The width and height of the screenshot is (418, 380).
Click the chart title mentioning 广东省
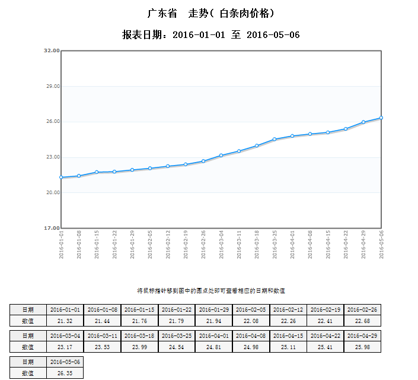tap(210, 12)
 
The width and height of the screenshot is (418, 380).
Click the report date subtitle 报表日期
tap(210, 35)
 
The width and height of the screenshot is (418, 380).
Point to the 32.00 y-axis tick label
tap(52, 50)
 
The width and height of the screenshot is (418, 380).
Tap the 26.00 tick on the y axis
tap(52, 122)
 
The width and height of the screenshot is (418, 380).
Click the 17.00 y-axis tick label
tap(52, 228)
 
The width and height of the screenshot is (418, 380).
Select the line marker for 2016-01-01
tap(61, 177)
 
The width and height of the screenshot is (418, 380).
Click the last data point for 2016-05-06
tap(381, 118)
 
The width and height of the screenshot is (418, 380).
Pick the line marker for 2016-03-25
tap(275, 139)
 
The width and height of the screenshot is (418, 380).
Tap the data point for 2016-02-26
tap(203, 161)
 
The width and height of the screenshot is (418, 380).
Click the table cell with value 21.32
tap(65, 321)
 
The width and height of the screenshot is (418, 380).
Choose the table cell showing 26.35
tap(65, 373)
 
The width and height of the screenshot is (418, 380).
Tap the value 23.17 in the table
tap(65, 347)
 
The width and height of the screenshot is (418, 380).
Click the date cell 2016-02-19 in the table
tap(326, 309)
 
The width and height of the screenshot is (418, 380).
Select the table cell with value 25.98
tap(362, 347)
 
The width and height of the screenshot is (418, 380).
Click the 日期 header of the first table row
tap(28, 309)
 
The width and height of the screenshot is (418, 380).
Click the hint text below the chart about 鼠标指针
tap(211, 290)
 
